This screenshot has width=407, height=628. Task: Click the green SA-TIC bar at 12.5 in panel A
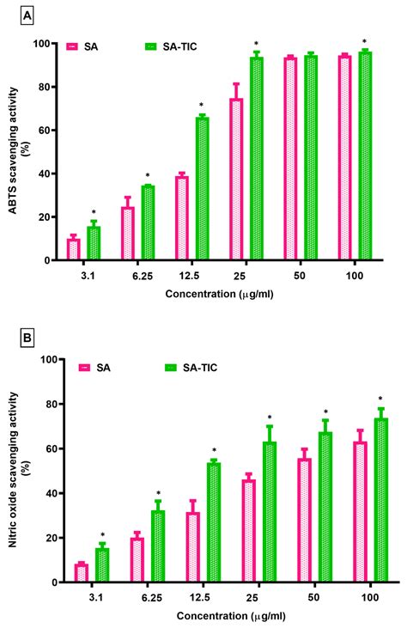(x=202, y=189)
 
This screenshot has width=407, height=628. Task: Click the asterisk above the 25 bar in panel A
(x=256, y=44)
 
